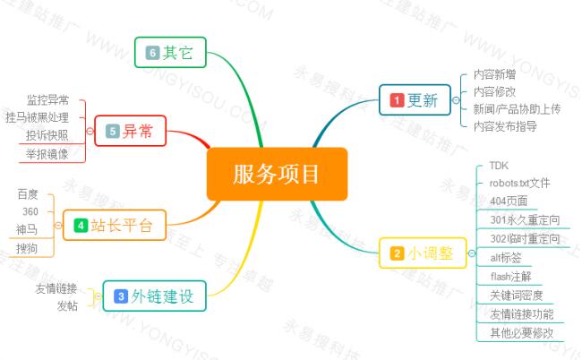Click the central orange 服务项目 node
coord(277,174)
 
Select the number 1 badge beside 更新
coord(397,101)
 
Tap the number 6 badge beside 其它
coord(153,53)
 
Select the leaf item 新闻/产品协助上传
coord(517,108)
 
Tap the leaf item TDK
coord(498,166)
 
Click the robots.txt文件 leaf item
coord(519,183)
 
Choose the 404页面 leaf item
coord(509,201)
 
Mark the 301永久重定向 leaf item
coord(524,219)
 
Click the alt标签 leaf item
coord(506,257)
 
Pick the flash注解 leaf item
coord(511,276)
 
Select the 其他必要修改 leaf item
coord(521,332)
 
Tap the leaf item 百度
coord(28,193)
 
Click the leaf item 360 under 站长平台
coord(29,211)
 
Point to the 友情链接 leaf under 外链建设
coord(56,288)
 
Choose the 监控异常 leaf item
coord(47,99)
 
